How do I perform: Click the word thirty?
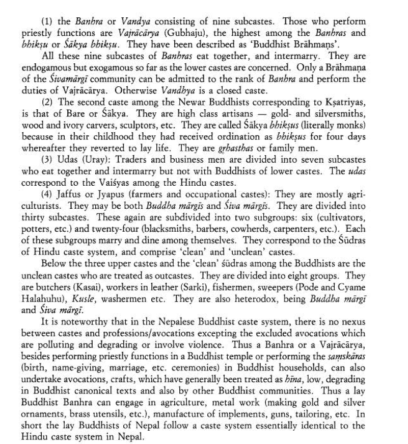click(x=34, y=218)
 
